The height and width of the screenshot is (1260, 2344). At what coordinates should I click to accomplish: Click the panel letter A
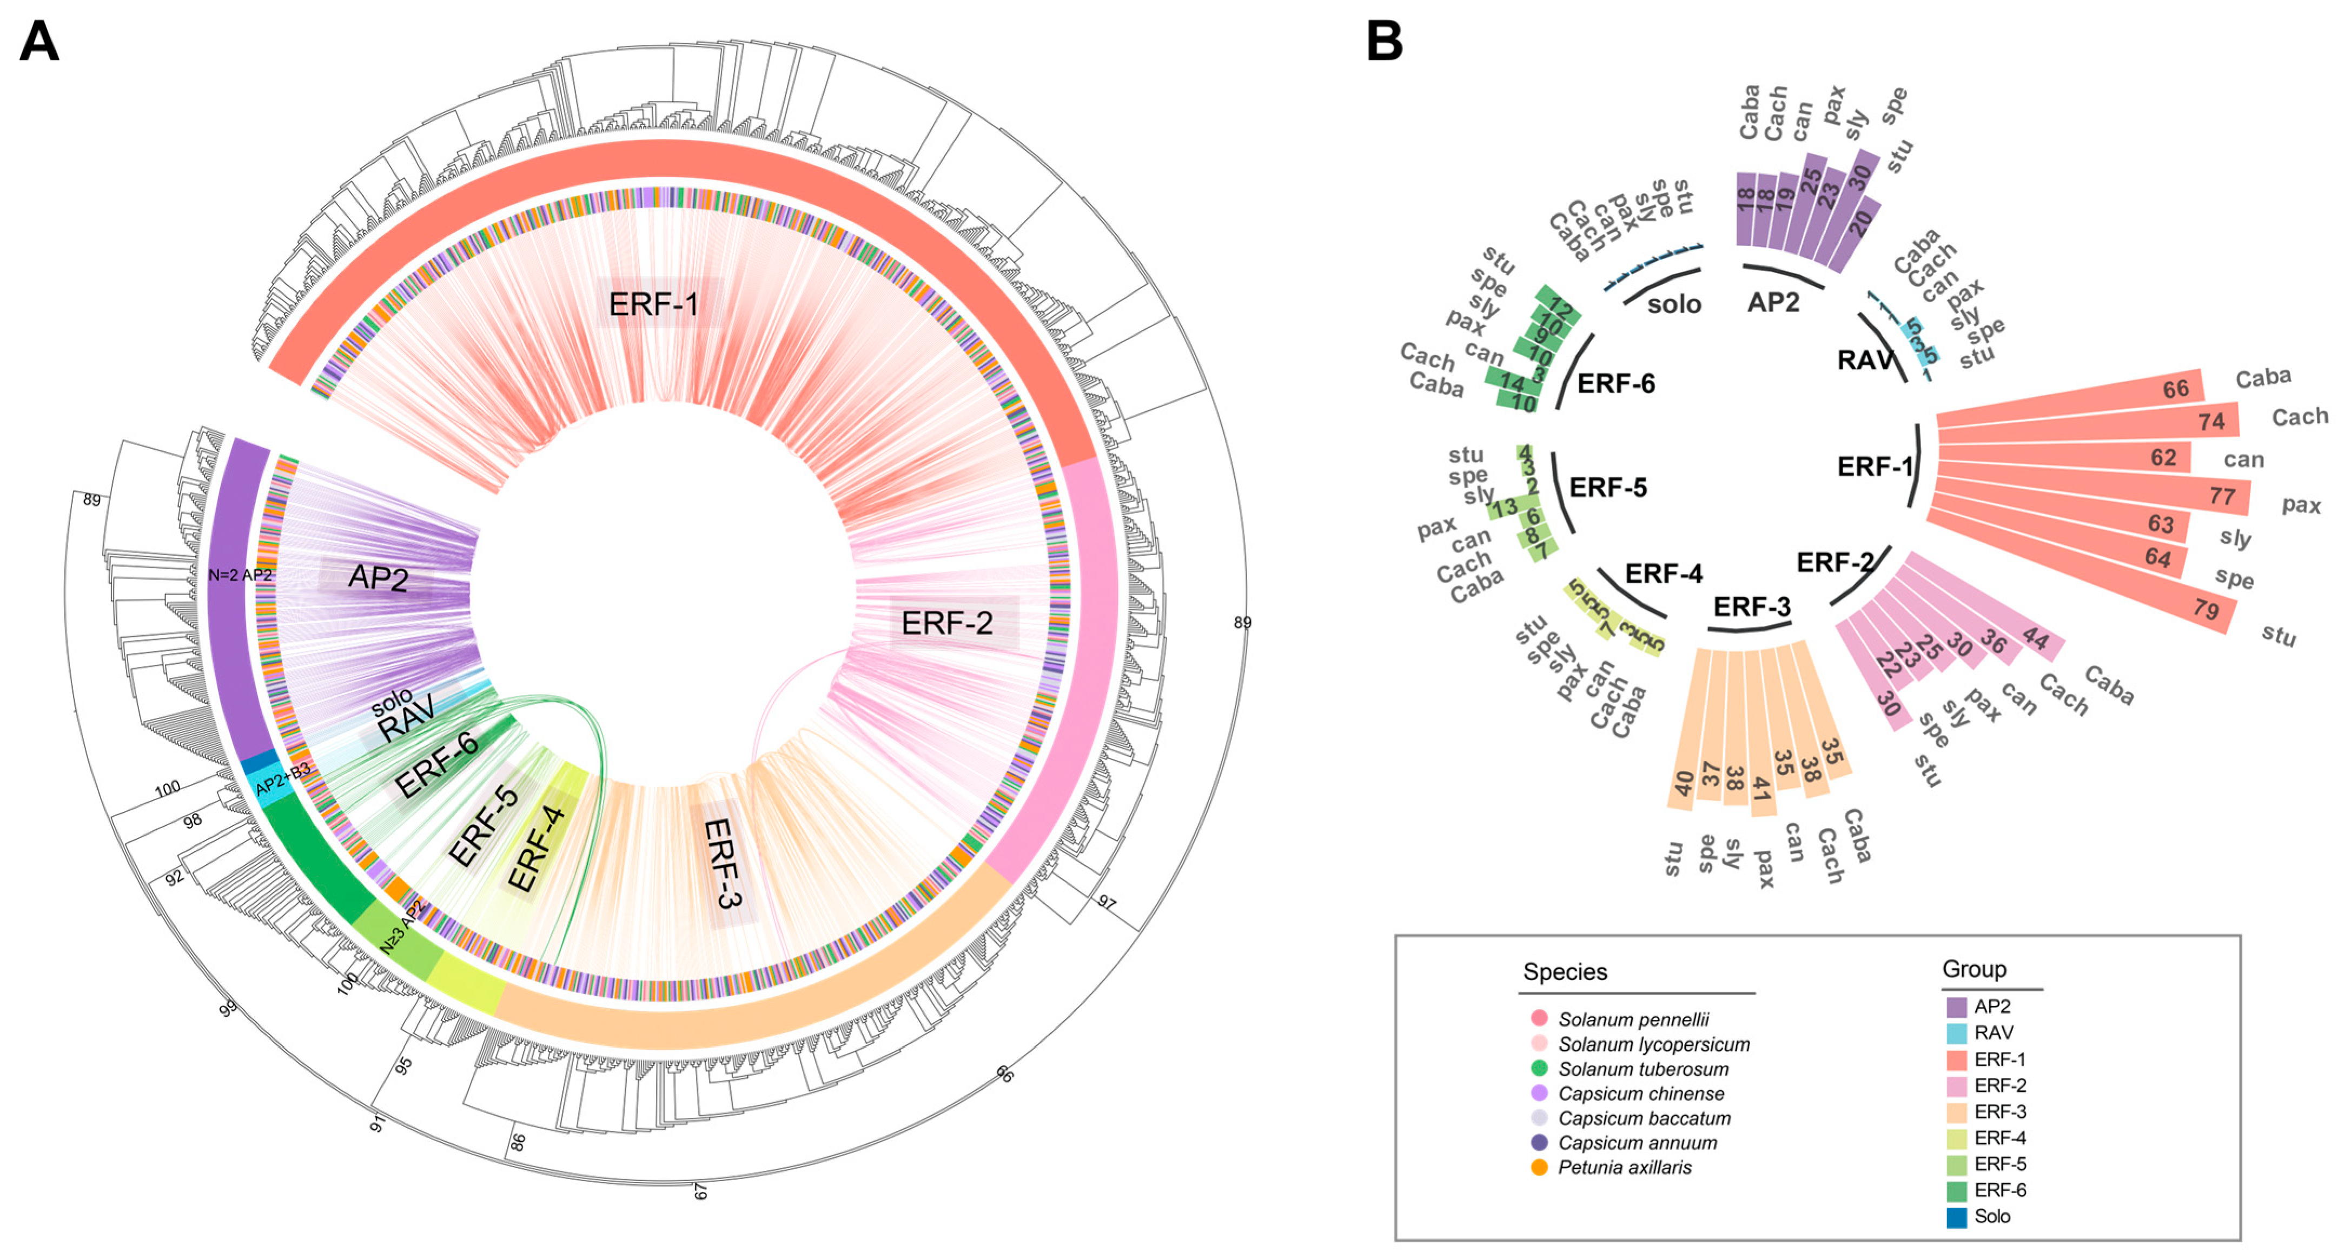pos(38,41)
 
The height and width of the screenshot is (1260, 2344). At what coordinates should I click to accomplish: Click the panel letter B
pos(1384,41)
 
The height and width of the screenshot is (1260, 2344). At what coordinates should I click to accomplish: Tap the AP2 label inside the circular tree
pos(378,577)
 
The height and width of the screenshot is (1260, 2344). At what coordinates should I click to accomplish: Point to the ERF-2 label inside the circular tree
pos(946,623)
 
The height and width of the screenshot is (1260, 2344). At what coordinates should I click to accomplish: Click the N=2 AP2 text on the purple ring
pos(239,575)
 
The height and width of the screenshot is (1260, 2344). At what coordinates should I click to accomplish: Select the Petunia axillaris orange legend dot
pos(1539,1167)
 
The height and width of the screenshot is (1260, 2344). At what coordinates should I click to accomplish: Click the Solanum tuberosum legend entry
pos(1643,1069)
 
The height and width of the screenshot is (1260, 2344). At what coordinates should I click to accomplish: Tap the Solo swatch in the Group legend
pos(1956,1216)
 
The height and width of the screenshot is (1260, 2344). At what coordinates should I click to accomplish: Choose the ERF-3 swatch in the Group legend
pos(1956,1112)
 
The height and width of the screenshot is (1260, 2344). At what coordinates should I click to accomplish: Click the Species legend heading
pos(1565,971)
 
